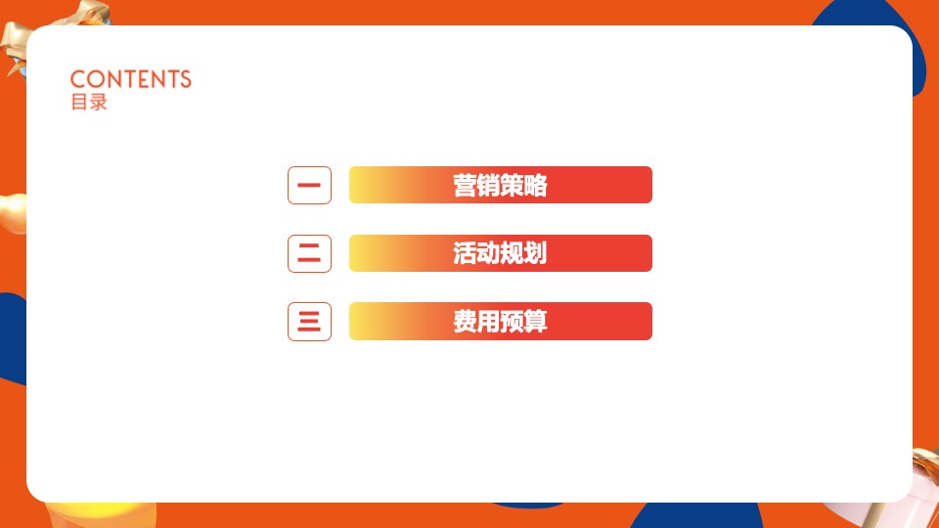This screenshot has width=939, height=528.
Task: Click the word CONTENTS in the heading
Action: [131, 79]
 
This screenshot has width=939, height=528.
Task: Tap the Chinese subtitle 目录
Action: [88, 102]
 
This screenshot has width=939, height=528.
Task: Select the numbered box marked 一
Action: [309, 185]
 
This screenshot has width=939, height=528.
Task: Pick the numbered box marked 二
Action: [309, 253]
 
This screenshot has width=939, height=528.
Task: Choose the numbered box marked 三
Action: [309, 322]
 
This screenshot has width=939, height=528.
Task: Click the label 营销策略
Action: [500, 185]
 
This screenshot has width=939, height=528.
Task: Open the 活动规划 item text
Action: [500, 253]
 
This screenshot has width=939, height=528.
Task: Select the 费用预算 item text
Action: [500, 322]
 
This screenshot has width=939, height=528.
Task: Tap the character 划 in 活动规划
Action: [535, 253]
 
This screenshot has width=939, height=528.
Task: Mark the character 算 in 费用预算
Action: [535, 322]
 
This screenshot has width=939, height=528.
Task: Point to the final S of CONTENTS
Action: [185, 79]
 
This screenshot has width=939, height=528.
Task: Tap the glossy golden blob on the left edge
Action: [12, 214]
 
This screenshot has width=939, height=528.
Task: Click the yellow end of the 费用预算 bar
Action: [367, 322]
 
